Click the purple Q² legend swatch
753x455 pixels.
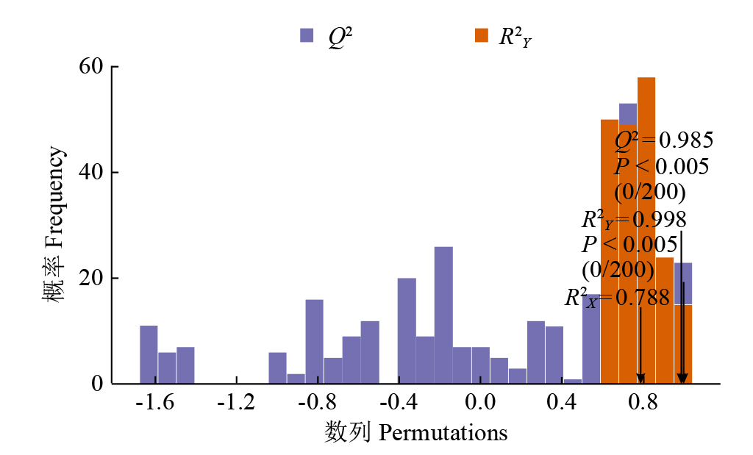coord(307,35)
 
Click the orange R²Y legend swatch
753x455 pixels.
coord(482,35)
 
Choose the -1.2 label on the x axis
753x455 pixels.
coord(236,404)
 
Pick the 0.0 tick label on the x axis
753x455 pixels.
coord(480,404)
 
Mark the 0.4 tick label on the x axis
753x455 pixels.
coord(562,404)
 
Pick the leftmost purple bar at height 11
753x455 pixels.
coord(149,354)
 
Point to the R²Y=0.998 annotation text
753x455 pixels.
coord(634,220)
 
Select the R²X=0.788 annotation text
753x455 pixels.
coord(617,298)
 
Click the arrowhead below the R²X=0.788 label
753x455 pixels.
coord(640,377)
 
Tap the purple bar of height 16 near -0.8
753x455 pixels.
coord(314,341)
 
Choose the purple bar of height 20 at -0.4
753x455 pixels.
coord(407,331)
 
